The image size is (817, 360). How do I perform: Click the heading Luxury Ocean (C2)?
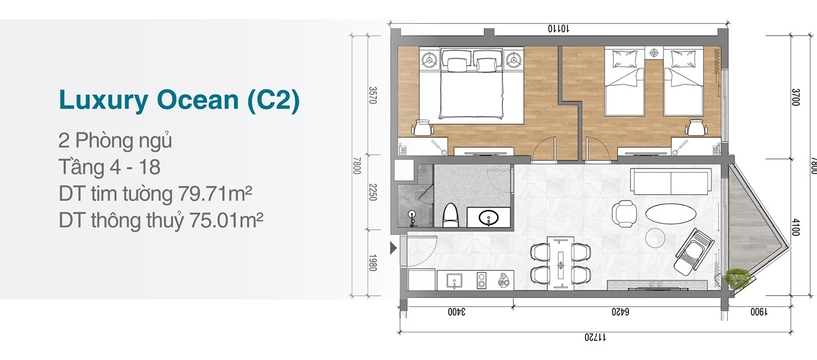pos(179,100)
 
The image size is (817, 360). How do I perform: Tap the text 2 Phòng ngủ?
pos(115,141)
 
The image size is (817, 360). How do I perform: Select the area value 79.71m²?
pos(215,193)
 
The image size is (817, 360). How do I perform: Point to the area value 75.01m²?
pos(226,220)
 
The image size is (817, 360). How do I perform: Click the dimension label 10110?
pos(558,29)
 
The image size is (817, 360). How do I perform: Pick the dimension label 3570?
pos(372,95)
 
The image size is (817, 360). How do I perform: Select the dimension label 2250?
pos(372,192)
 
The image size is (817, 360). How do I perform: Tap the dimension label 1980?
pos(372,263)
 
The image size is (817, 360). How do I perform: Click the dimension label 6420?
pos(620,312)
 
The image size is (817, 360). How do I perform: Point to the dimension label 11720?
pos(595,337)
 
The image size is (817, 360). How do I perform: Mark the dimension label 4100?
pos(795,227)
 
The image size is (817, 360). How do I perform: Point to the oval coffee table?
pos(671,213)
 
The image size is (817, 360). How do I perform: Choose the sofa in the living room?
pos(671,181)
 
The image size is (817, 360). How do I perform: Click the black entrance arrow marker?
pos(393,248)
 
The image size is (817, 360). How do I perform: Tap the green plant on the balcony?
pos(736,279)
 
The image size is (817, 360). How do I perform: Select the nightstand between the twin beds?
pos(654,53)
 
